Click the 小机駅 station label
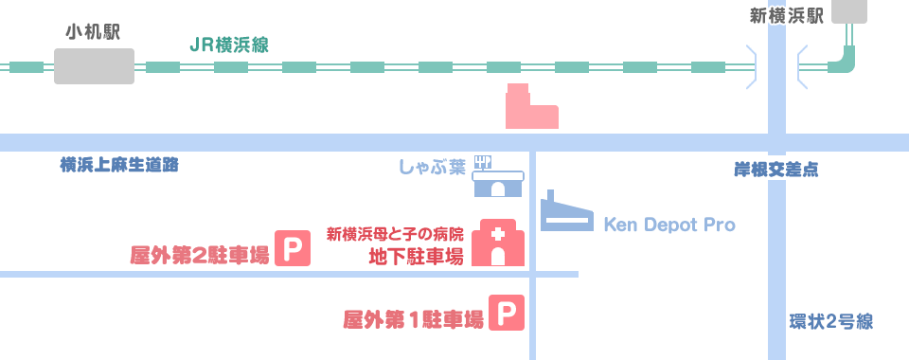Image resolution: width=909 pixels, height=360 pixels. coord(93,32)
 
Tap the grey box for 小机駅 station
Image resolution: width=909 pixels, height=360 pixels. coord(94,66)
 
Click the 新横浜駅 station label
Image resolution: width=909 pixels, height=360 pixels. coord(786,16)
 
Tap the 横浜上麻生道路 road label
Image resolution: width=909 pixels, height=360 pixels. coord(118,166)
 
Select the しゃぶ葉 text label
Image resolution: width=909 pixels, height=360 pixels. coord(431,168)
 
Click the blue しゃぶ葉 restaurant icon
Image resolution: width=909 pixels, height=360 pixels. coord(499,177)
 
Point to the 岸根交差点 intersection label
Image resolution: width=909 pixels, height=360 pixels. coord(776,171)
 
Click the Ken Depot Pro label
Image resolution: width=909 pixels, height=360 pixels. coord(669,225)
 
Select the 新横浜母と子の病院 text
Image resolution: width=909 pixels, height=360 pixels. coord(395,233)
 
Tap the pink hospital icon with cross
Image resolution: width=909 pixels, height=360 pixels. coord(498,243)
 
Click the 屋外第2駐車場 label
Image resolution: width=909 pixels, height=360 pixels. coord(199,255)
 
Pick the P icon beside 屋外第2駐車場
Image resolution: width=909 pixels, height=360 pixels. coord(293,249)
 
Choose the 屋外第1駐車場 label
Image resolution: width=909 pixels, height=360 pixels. coord(413,319)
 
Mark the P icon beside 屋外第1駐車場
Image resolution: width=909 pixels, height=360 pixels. coord(507,314)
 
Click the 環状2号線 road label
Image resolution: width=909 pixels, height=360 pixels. coord(830,322)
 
